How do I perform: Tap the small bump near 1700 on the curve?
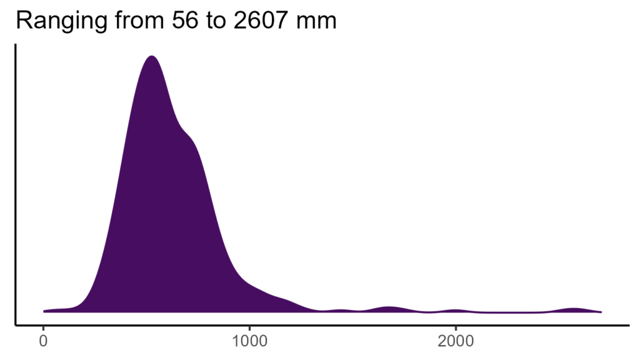pyautogui.click(x=389, y=307)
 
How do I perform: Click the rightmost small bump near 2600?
pyautogui.click(x=574, y=308)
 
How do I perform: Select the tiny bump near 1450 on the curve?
pyautogui.click(x=341, y=309)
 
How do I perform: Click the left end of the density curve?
pyautogui.click(x=44, y=311)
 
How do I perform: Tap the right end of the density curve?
pyautogui.click(x=601, y=311)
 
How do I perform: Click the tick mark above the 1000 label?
pyautogui.click(x=249, y=327)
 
